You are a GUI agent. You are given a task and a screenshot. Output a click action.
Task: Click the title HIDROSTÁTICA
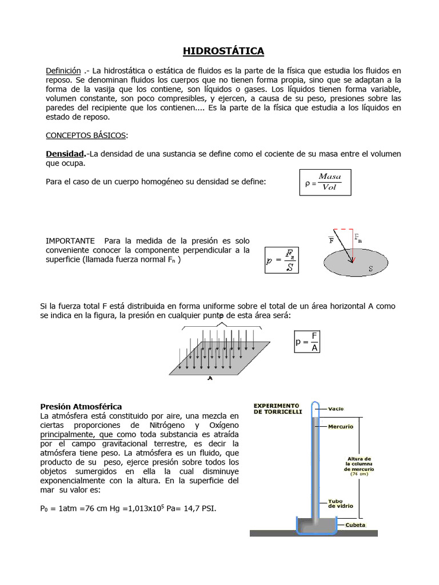(224, 51)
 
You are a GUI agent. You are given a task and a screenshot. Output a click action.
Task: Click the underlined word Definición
(63, 70)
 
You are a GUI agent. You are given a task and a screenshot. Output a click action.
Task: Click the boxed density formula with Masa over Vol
(325, 182)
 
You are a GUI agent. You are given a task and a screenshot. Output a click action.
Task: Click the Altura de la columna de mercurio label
(359, 464)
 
